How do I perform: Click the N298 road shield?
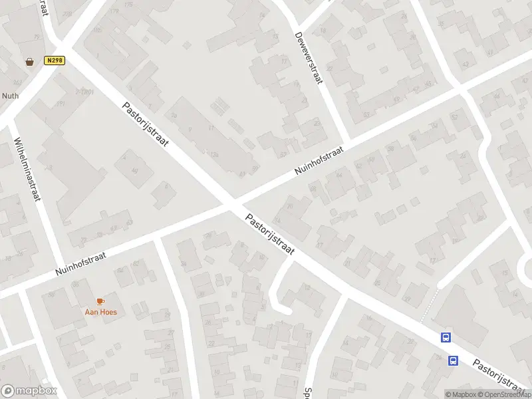[x=55, y=61]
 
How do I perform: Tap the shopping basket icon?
[x=30, y=62]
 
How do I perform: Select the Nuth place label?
[x=11, y=96]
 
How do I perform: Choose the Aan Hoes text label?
[x=100, y=312]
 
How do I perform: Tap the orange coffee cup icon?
[x=100, y=302]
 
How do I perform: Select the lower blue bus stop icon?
[x=453, y=361]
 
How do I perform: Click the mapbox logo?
[x=29, y=391]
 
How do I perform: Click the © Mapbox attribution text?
[x=460, y=394]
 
